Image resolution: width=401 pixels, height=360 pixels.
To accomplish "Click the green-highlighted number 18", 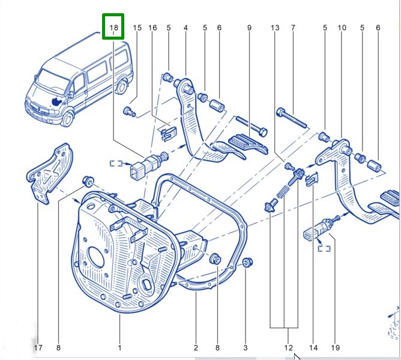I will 113,28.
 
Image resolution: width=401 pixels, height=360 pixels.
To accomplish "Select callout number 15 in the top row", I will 137,28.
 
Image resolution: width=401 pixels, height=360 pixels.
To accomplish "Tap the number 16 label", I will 152,28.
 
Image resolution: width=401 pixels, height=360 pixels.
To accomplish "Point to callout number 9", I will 249,28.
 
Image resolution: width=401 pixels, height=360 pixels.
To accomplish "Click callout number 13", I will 275,28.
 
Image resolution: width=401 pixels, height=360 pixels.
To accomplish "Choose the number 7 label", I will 293,28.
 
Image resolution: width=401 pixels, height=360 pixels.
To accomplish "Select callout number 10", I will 342,28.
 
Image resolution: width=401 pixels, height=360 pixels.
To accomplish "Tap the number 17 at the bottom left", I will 37,347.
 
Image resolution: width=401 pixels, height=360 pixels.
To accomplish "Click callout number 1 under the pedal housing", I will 119,347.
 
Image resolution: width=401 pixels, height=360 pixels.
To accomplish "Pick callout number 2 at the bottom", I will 196,347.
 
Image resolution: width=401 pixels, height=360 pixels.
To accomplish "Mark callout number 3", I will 245,347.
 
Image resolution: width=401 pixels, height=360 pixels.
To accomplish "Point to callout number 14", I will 313,347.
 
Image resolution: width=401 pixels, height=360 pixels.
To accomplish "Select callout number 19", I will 336,347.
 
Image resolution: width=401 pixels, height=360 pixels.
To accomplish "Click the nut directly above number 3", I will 247,262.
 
